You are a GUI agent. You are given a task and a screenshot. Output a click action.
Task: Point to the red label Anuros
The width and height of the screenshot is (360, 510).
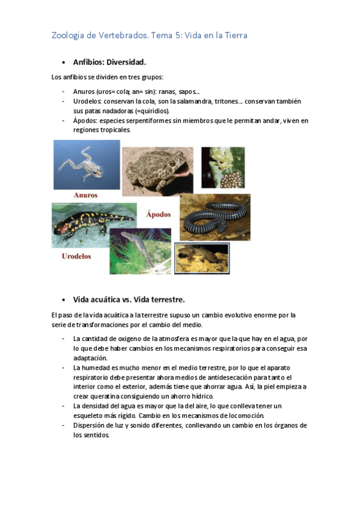85,195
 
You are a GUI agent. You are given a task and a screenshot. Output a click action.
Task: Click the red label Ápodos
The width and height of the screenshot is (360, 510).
159,214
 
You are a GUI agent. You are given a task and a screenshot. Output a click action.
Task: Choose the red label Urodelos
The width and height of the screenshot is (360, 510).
76,256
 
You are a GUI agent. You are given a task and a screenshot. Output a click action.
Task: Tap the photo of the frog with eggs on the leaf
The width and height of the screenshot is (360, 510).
223,167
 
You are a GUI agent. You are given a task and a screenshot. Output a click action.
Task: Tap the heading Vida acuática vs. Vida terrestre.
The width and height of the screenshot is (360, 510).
129,300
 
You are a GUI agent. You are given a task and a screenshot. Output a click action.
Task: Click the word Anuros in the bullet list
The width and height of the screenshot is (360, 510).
84,91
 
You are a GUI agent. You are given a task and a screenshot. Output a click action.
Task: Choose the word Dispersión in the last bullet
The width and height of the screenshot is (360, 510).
91,425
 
